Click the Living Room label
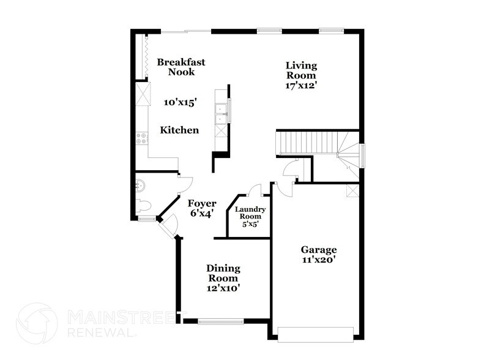[x=301, y=70]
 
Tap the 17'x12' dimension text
[x=301, y=86]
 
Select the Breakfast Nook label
[x=181, y=67]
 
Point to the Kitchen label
[x=179, y=130]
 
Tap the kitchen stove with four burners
[x=142, y=138]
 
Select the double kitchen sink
[x=221, y=114]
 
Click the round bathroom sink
[x=140, y=185]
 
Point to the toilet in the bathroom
[x=143, y=205]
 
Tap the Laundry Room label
[x=250, y=213]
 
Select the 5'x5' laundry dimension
[x=250, y=224]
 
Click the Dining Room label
[x=223, y=273]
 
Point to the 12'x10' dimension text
[x=223, y=288]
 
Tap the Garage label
[x=319, y=249]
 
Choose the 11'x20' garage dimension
[x=319, y=260]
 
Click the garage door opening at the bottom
[x=315, y=335]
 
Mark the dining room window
[x=221, y=321]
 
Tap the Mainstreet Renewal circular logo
[x=37, y=323]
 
